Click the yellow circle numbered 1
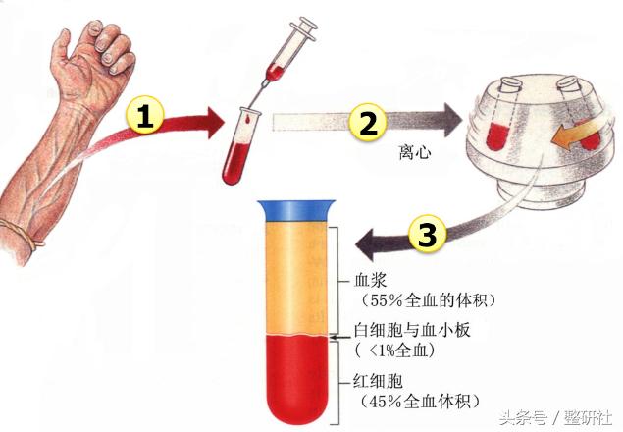click(144, 116)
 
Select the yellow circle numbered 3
click(427, 234)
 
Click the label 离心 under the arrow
click(414, 152)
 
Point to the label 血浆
click(370, 281)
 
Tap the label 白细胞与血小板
click(412, 330)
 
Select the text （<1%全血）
click(394, 351)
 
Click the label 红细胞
click(379, 381)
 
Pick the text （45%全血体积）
click(419, 401)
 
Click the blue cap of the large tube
click(296, 210)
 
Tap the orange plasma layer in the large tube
click(296, 278)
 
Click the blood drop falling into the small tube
click(247, 118)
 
